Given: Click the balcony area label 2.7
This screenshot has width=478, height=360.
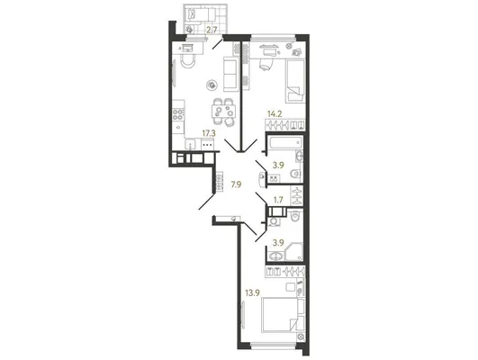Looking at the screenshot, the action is (x=212, y=30).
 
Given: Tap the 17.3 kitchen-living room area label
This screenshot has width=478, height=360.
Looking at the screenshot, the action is (x=209, y=133).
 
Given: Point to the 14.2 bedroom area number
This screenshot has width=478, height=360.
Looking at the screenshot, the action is (x=275, y=114).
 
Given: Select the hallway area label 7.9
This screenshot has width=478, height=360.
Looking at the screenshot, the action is (x=236, y=184).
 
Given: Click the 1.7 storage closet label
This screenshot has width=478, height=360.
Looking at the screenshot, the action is (x=278, y=200).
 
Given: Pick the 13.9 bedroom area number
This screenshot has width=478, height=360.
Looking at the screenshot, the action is (x=252, y=292).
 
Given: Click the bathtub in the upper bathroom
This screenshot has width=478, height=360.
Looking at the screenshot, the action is (x=285, y=143).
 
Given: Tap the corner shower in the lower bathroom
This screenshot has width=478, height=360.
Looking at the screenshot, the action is (x=294, y=252).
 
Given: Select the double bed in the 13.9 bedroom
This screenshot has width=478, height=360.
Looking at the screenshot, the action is (x=284, y=315).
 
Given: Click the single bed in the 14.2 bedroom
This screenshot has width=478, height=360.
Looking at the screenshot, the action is (x=295, y=81).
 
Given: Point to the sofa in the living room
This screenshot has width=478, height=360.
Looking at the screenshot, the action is (x=230, y=74).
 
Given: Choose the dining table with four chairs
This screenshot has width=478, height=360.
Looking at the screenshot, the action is (x=223, y=111).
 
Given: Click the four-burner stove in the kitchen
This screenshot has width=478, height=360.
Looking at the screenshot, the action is (x=178, y=114).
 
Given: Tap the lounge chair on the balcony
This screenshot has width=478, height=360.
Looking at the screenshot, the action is (x=201, y=13).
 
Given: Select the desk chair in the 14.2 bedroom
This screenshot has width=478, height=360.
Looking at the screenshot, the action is (x=266, y=64).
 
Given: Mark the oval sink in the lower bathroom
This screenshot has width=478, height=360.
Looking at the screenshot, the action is (x=276, y=256).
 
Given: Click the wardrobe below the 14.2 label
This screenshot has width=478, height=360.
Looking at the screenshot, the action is (x=285, y=125).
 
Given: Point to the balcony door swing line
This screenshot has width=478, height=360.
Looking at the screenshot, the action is (x=218, y=44).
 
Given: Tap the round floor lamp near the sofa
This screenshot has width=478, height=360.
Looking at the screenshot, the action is (x=212, y=85).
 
